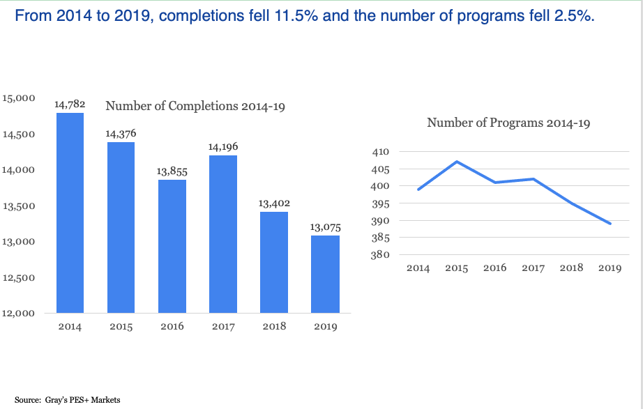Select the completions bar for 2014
coord(70,213)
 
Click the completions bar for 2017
coord(223,233)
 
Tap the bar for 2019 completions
coord(325,274)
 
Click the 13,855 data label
coord(172,171)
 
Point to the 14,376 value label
coord(121,133)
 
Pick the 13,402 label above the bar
coord(274,203)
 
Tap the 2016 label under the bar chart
coord(172,326)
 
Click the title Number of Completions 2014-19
coord(195,107)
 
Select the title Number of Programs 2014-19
coord(508,123)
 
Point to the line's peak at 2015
coord(457,162)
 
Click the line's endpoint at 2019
coord(611,224)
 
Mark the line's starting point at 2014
coord(418,190)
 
